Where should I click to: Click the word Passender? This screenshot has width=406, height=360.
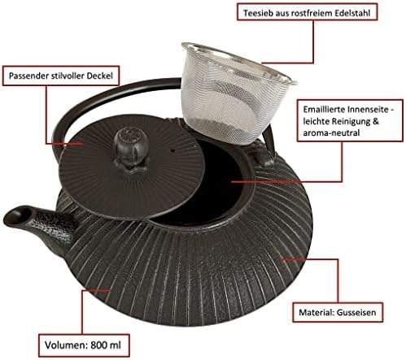(x=28, y=76)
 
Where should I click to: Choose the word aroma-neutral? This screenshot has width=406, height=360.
(x=331, y=133)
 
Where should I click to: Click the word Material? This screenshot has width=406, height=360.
(x=317, y=312)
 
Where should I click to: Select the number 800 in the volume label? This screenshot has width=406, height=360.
(x=98, y=345)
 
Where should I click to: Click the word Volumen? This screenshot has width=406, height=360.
(x=65, y=345)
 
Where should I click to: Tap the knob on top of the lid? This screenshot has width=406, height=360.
(x=131, y=148)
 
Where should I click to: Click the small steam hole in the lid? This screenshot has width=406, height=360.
(x=173, y=150)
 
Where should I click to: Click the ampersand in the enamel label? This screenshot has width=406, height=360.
(x=375, y=121)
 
